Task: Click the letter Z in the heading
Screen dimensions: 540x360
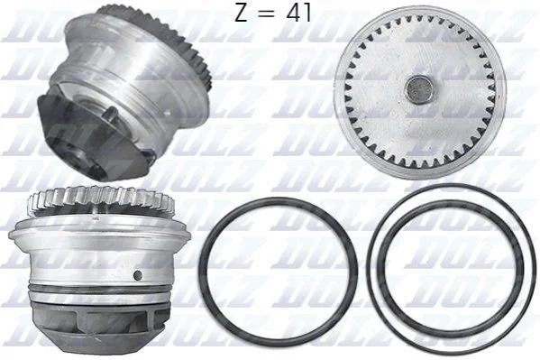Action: point(241,13)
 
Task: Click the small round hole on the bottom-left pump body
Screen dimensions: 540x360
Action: point(138,275)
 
